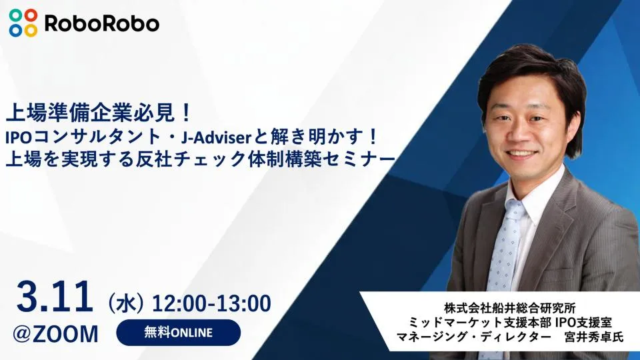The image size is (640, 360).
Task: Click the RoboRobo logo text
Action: click(101, 23)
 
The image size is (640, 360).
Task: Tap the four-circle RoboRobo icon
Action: click(23, 23)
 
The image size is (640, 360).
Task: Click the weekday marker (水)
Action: click(127, 303)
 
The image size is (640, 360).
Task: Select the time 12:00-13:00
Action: click(212, 303)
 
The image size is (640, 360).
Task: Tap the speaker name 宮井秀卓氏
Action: click(593, 336)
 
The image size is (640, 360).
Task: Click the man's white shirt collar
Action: click(533, 200)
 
